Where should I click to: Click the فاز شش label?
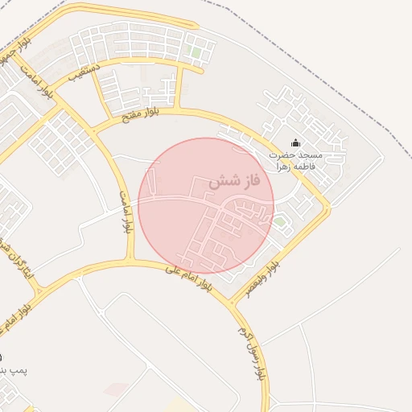point(234,182)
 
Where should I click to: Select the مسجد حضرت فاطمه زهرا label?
point(295,159)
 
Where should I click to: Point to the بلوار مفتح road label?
point(140,113)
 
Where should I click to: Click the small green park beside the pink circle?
point(278,220)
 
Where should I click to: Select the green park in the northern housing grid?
point(194,52)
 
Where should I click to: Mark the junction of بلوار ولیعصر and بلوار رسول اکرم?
point(233,303)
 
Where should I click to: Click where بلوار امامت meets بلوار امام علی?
point(130,261)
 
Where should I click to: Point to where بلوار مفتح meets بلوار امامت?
point(91,129)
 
